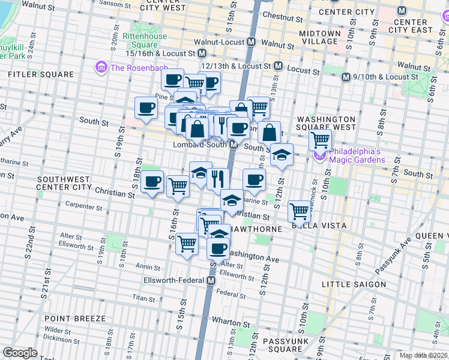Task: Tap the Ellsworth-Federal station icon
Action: tap(211, 280)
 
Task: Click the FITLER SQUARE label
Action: tap(41, 74)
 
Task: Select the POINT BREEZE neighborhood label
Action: tap(75, 319)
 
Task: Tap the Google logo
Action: tap(20, 353)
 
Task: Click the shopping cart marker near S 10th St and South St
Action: tap(321, 140)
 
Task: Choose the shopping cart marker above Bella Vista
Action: tap(299, 210)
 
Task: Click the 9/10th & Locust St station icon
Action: tap(346, 77)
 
